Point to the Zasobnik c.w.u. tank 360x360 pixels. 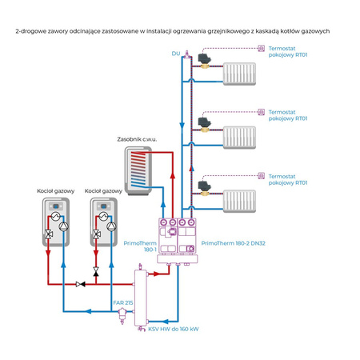(137, 169)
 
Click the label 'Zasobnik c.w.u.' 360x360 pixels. (137, 139)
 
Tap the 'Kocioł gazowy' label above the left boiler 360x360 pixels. (54, 191)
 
